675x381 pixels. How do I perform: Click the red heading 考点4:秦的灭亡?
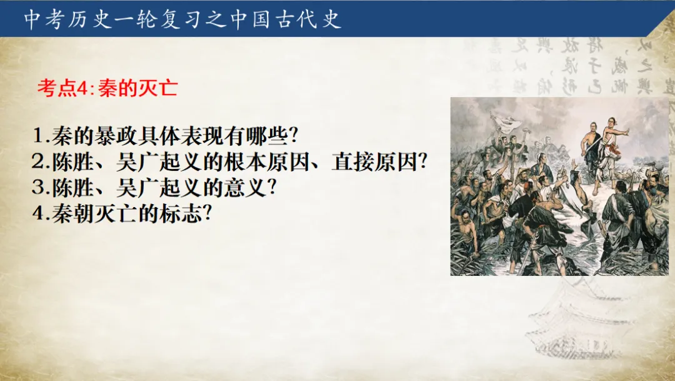point(107,88)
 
